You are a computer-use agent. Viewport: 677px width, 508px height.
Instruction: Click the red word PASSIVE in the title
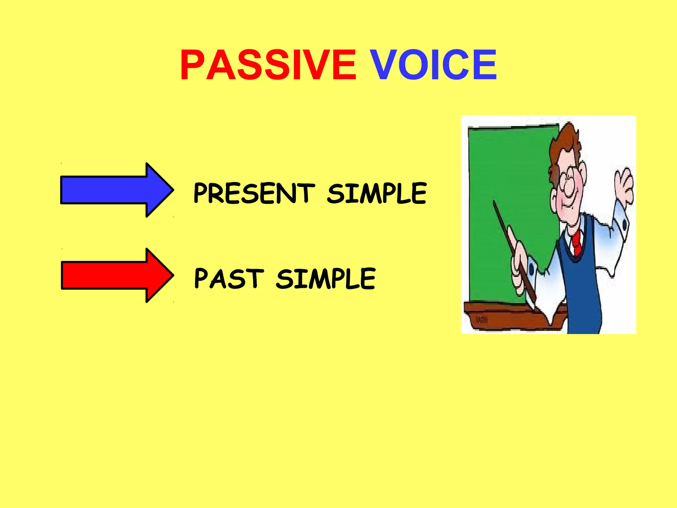[x=268, y=65]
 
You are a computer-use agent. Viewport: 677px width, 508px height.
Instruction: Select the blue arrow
[x=112, y=190]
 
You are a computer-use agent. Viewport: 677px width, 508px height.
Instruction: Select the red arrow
[x=112, y=275]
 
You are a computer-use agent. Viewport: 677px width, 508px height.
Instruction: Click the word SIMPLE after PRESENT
[x=377, y=193]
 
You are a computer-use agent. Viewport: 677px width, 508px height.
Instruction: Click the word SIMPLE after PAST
[x=326, y=278]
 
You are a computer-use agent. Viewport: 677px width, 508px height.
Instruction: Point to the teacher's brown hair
[x=565, y=142]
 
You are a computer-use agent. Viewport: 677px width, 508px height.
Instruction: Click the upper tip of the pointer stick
[x=494, y=202]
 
